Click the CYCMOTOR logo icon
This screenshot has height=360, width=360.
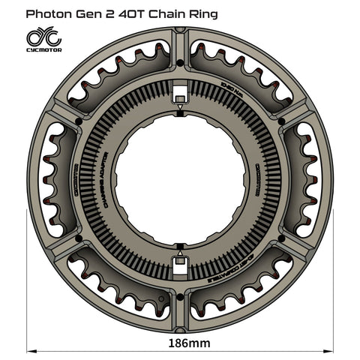43,37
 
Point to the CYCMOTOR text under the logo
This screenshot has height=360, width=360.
43,50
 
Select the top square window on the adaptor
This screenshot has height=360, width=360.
180,95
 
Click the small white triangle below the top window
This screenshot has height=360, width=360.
180,111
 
